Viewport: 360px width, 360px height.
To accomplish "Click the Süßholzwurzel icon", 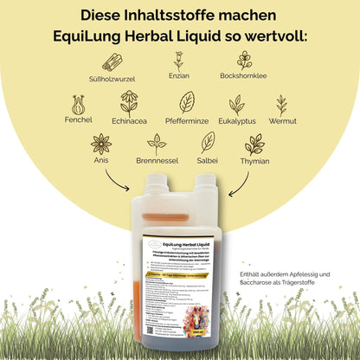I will click(112, 61).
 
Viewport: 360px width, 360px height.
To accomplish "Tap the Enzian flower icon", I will click(178, 61).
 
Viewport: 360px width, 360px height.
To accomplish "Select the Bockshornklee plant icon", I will click(244, 61).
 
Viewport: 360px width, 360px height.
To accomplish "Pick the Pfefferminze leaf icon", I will click(187, 102).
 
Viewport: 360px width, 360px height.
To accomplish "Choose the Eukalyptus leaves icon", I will click(236, 104).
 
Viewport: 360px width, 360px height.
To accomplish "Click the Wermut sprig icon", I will click(281, 104).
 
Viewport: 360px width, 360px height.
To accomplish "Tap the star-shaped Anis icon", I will click(101, 143).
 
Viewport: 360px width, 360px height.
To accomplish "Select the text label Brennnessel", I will click(157, 162).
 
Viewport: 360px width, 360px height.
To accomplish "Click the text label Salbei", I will click(208, 162).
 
